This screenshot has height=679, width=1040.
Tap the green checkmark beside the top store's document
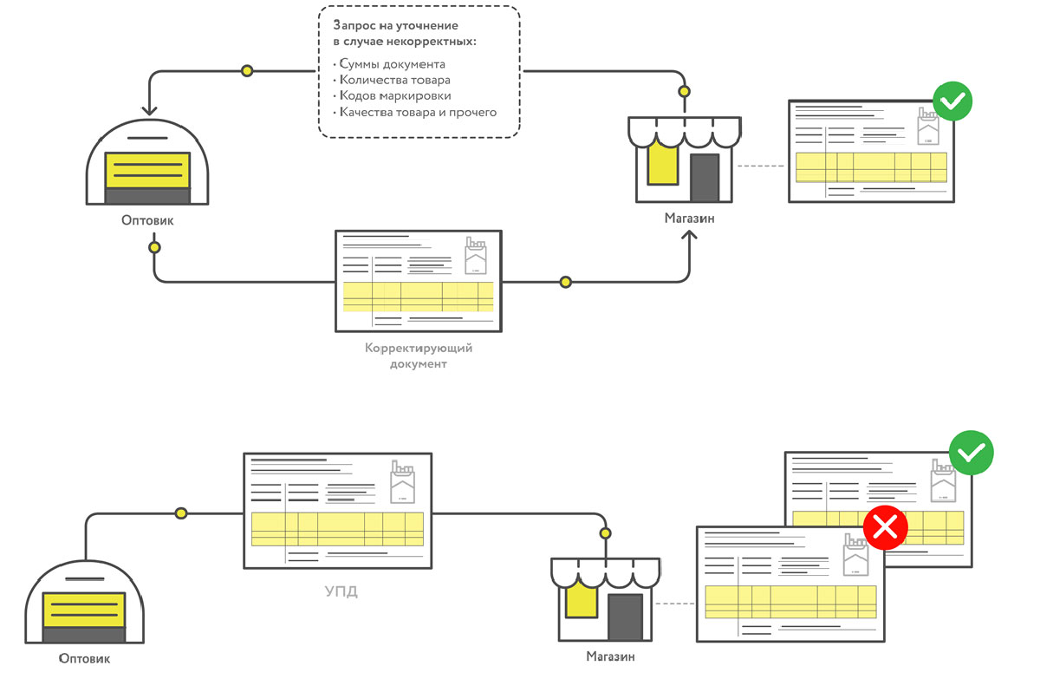click(x=951, y=101)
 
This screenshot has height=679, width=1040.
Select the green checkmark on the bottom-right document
click(x=971, y=452)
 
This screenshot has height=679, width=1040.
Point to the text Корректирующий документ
click(x=418, y=356)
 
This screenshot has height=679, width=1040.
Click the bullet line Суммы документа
click(x=392, y=64)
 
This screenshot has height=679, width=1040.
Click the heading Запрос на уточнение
click(x=394, y=26)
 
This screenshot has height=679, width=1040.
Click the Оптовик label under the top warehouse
click(x=147, y=220)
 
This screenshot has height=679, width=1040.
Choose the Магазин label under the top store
click(x=690, y=218)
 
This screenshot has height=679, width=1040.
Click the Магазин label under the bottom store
click(x=610, y=656)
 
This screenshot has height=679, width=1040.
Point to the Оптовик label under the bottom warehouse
click(x=85, y=658)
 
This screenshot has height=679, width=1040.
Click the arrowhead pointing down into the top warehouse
click(x=148, y=109)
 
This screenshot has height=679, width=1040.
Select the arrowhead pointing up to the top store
click(x=690, y=237)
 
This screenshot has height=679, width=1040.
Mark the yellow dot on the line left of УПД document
click(x=180, y=513)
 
